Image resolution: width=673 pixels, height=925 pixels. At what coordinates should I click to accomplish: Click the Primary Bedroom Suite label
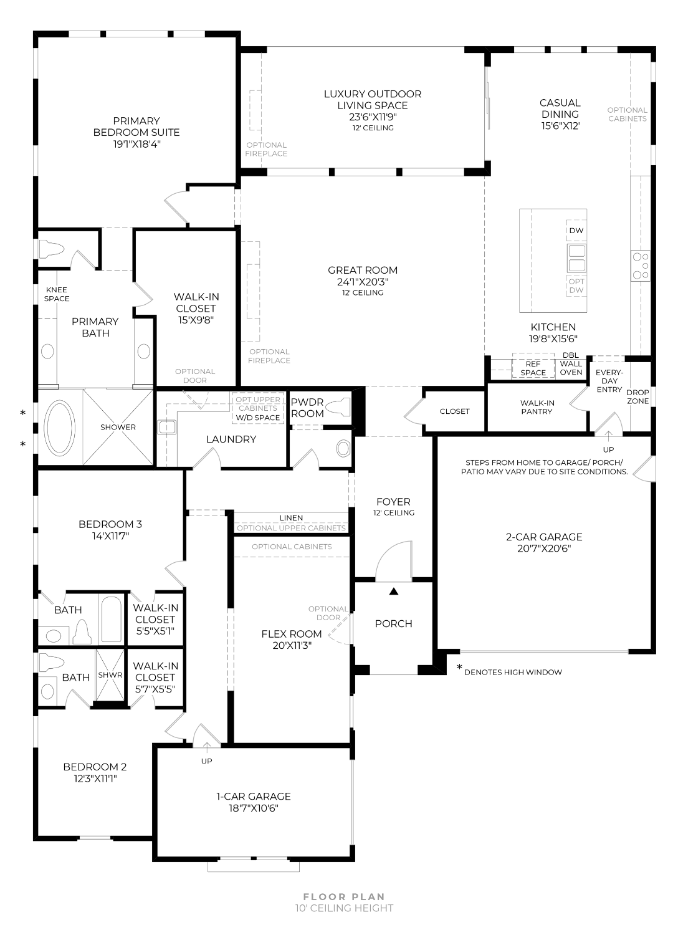(136, 127)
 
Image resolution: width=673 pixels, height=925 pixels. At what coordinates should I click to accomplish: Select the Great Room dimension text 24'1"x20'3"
(362, 282)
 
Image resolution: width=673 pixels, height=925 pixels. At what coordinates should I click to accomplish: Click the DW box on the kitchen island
(576, 230)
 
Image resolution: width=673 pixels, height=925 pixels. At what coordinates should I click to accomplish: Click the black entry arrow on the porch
(393, 591)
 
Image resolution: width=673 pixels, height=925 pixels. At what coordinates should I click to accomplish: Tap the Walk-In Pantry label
(537, 407)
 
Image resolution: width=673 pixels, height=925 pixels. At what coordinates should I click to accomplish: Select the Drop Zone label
(637, 397)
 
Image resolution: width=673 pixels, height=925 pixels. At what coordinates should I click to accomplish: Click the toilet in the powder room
(339, 407)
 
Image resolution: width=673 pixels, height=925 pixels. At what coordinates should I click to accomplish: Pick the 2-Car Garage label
(544, 537)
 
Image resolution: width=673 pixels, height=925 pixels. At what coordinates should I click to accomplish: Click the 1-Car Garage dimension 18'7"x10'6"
(253, 808)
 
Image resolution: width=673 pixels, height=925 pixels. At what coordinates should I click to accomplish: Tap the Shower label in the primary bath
(118, 427)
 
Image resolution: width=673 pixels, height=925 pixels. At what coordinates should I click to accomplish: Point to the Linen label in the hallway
(291, 518)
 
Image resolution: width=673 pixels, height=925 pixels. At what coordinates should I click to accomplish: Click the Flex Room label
(292, 634)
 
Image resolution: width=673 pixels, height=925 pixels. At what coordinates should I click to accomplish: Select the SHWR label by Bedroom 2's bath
(110, 675)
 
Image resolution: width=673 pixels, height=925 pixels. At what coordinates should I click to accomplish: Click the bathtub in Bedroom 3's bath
(111, 619)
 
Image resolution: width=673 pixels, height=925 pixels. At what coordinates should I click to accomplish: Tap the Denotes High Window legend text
(513, 672)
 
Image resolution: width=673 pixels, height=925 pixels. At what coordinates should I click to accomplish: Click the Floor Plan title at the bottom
(345, 897)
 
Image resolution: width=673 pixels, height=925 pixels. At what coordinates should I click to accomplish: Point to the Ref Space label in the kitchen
(533, 368)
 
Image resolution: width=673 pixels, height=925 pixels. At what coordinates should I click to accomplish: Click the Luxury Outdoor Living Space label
(372, 100)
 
